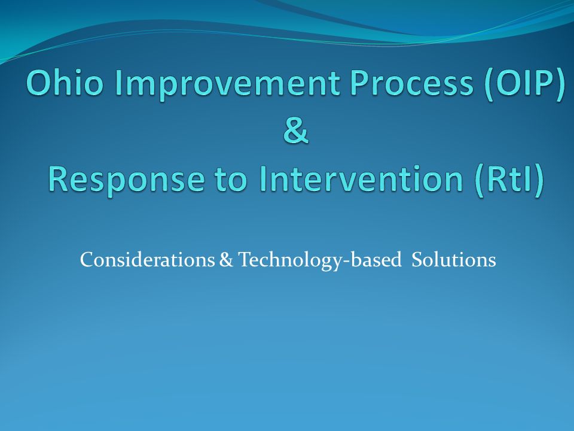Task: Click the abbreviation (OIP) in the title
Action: click(x=524, y=85)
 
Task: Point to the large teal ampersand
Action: click(x=296, y=130)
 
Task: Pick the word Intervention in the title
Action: click(x=361, y=179)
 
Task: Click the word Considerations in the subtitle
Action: click(x=148, y=260)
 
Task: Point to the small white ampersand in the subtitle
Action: click(x=226, y=260)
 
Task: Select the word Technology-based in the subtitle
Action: click(x=320, y=261)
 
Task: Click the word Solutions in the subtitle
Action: click(x=454, y=260)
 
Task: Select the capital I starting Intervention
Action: click(x=262, y=179)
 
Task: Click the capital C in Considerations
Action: click(x=87, y=260)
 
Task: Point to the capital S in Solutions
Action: click(x=417, y=260)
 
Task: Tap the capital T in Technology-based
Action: click(x=245, y=260)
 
